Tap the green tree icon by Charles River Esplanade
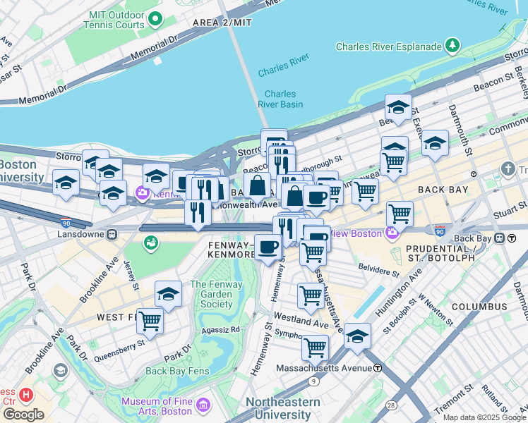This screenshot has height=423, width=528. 452,47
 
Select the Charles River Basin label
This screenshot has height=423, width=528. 283,99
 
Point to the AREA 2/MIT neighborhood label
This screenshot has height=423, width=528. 222,23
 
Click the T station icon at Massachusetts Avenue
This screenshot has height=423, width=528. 378,368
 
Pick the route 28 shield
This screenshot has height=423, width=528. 390,405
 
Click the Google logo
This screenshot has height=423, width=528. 23,415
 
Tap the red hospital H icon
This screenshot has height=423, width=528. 26,394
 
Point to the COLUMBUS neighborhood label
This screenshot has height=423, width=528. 479,307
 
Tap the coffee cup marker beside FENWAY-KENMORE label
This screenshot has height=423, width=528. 268,246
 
